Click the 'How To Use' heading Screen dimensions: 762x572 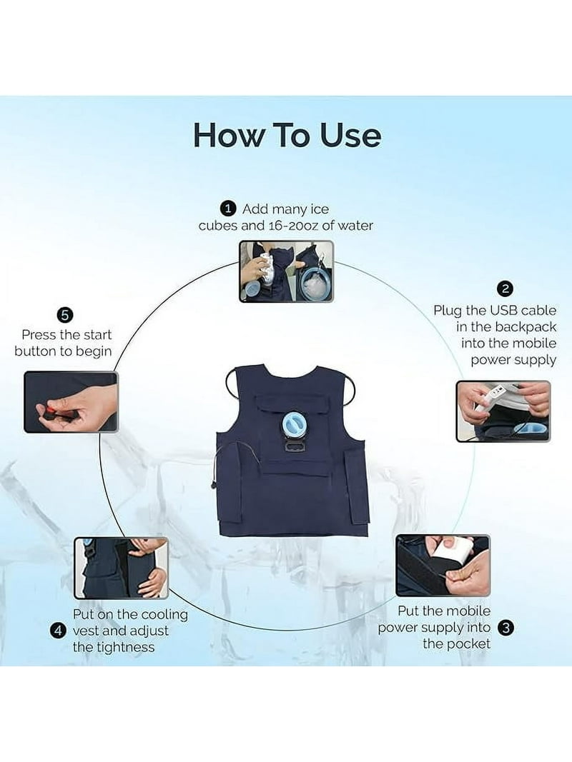coord(287,135)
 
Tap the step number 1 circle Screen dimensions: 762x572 coord(228,209)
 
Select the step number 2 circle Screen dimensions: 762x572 coord(505,289)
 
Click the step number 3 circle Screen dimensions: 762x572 coord(506,628)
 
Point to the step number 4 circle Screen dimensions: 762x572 coord(59,631)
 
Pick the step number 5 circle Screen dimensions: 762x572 coord(64,315)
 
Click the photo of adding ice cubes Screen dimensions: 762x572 coord(286,271)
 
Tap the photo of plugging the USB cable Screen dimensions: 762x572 coord(503,411)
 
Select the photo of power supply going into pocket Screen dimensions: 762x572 coord(443,566)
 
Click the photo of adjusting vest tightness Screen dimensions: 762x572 coord(121,568)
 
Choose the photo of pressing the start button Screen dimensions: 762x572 coord(71,402)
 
